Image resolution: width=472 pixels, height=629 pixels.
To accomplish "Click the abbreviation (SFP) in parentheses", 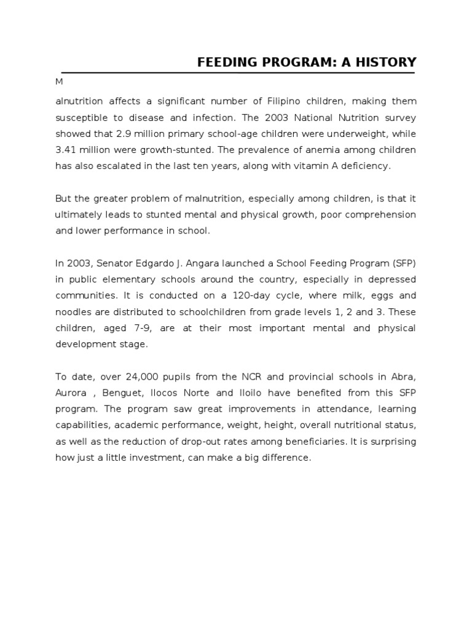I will click(x=402, y=263).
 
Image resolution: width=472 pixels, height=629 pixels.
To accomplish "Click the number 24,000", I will click(x=143, y=377).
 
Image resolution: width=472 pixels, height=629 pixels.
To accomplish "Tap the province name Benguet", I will click(x=128, y=393).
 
